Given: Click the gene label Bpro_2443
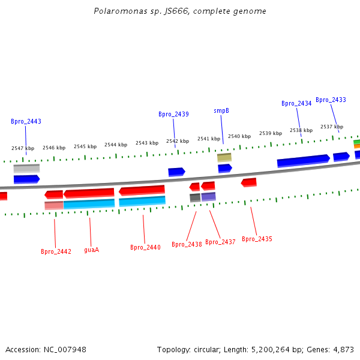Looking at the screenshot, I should point(26,121).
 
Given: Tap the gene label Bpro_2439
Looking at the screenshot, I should point(173,114).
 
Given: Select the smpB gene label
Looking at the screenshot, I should point(221,110).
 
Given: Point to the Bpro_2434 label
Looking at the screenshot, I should point(296,103).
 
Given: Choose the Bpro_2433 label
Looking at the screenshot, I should point(331,100).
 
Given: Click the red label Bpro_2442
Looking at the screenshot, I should point(56,251).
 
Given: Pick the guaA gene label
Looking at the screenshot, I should point(91,250).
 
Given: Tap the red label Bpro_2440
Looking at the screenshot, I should point(145,247).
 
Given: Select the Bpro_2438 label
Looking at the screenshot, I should point(187,244).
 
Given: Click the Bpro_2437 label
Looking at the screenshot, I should point(220,242).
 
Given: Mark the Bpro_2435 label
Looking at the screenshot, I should point(257,239).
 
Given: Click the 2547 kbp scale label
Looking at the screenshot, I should point(23,148).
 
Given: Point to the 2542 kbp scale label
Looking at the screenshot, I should point(178,141).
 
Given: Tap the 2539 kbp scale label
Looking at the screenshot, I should point(271,133).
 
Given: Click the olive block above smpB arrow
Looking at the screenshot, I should point(224,157).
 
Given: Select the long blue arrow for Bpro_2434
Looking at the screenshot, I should point(303,161).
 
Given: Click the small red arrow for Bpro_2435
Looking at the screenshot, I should point(248,182).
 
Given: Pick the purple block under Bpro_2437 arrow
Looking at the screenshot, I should point(208,196).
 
